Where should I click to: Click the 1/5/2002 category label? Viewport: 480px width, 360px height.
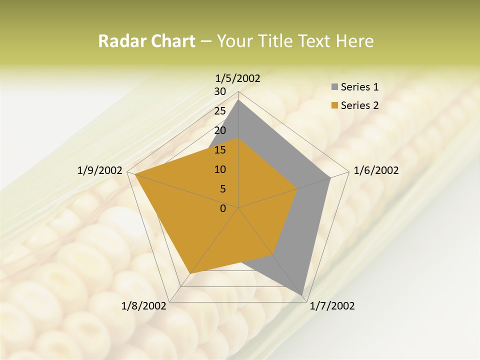tap(238, 78)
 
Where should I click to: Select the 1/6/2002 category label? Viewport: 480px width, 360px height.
tap(376, 170)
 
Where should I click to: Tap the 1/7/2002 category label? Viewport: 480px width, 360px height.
tap(332, 306)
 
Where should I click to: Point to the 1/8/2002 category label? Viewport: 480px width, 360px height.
tap(144, 306)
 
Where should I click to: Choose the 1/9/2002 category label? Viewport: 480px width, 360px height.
tap(100, 170)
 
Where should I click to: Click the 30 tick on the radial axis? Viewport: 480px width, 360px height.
tap(220, 91)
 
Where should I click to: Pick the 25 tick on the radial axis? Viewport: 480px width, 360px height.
tap(220, 111)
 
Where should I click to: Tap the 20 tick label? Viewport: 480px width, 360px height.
tap(220, 130)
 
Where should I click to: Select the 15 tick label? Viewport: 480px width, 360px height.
tap(220, 150)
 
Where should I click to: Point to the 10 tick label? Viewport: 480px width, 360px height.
tap(220, 169)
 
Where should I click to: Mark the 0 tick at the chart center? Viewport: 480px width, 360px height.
tap(223, 208)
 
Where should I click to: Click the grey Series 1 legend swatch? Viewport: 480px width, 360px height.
tap(333, 87)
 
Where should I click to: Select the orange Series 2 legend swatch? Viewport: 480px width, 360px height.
tap(333, 105)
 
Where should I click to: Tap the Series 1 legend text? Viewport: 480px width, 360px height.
tap(359, 87)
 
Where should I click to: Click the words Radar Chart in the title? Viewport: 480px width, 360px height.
tap(146, 41)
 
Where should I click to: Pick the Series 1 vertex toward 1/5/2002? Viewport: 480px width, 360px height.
tap(238, 100)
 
